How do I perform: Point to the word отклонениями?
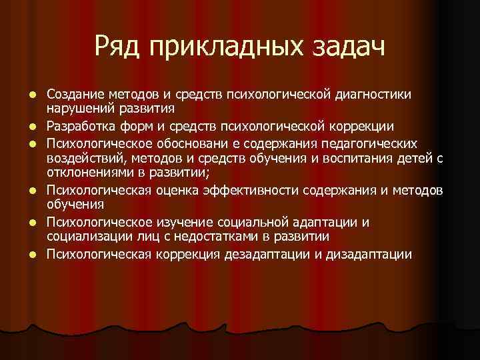88,173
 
